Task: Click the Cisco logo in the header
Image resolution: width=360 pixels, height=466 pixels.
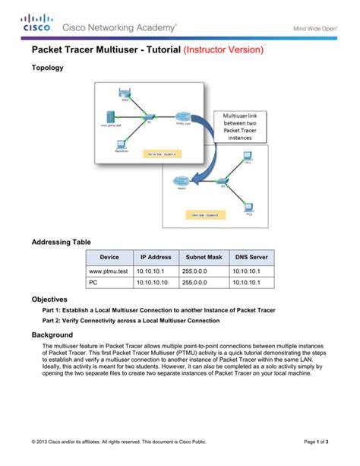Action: (36, 24)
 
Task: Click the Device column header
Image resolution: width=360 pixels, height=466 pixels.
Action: (109, 258)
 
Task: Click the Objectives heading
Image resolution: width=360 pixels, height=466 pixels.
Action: (50, 300)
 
